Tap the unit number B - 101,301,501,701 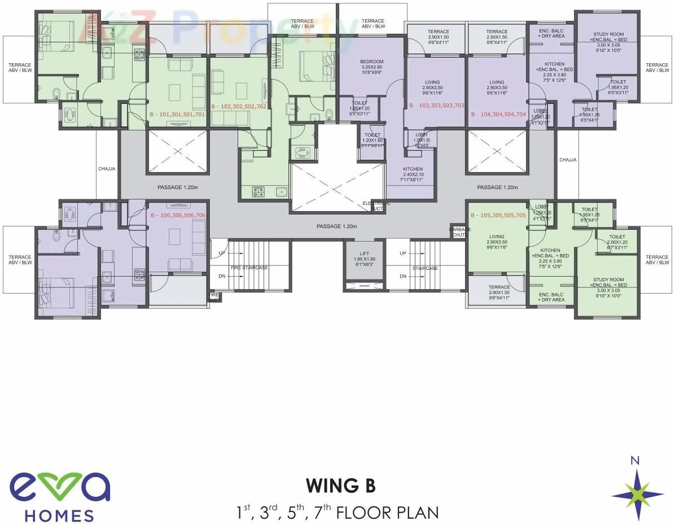point(177,114)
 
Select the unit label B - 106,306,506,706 point(178,216)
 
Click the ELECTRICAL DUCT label point(376,205)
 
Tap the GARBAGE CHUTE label point(459,232)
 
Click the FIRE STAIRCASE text point(249,268)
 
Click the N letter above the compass point(635,460)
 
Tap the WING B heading point(340,485)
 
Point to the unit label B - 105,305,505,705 point(498,216)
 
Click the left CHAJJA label point(107,168)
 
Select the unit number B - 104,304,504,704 point(498,114)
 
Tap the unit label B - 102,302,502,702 point(238,106)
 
